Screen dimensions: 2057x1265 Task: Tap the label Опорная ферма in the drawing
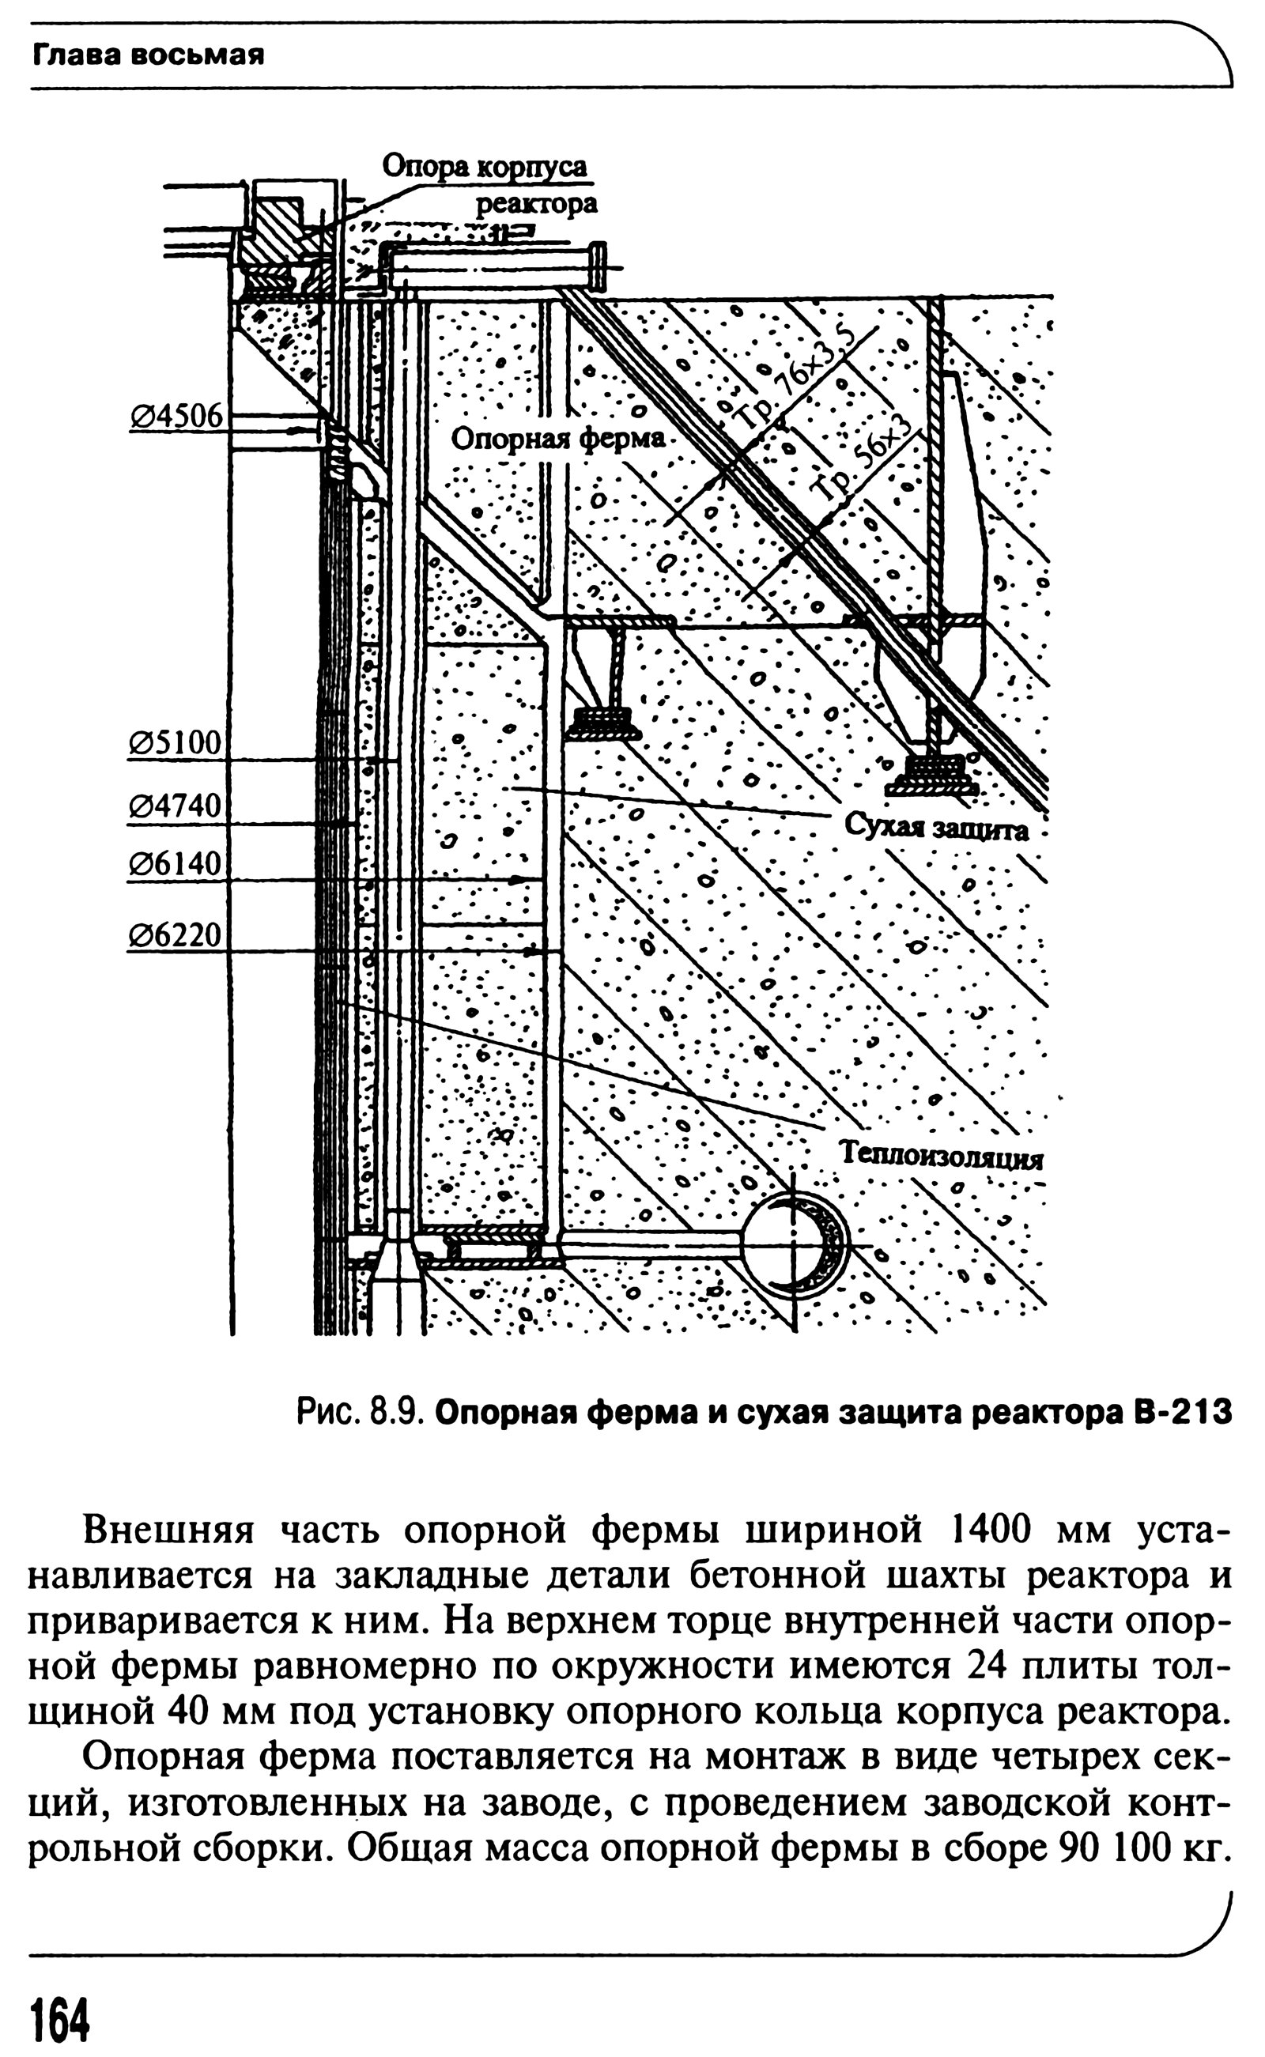click(x=557, y=438)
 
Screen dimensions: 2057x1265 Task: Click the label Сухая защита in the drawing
click(x=935, y=828)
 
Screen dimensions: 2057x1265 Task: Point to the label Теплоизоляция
click(x=941, y=1156)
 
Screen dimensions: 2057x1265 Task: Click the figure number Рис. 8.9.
click(x=362, y=1413)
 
